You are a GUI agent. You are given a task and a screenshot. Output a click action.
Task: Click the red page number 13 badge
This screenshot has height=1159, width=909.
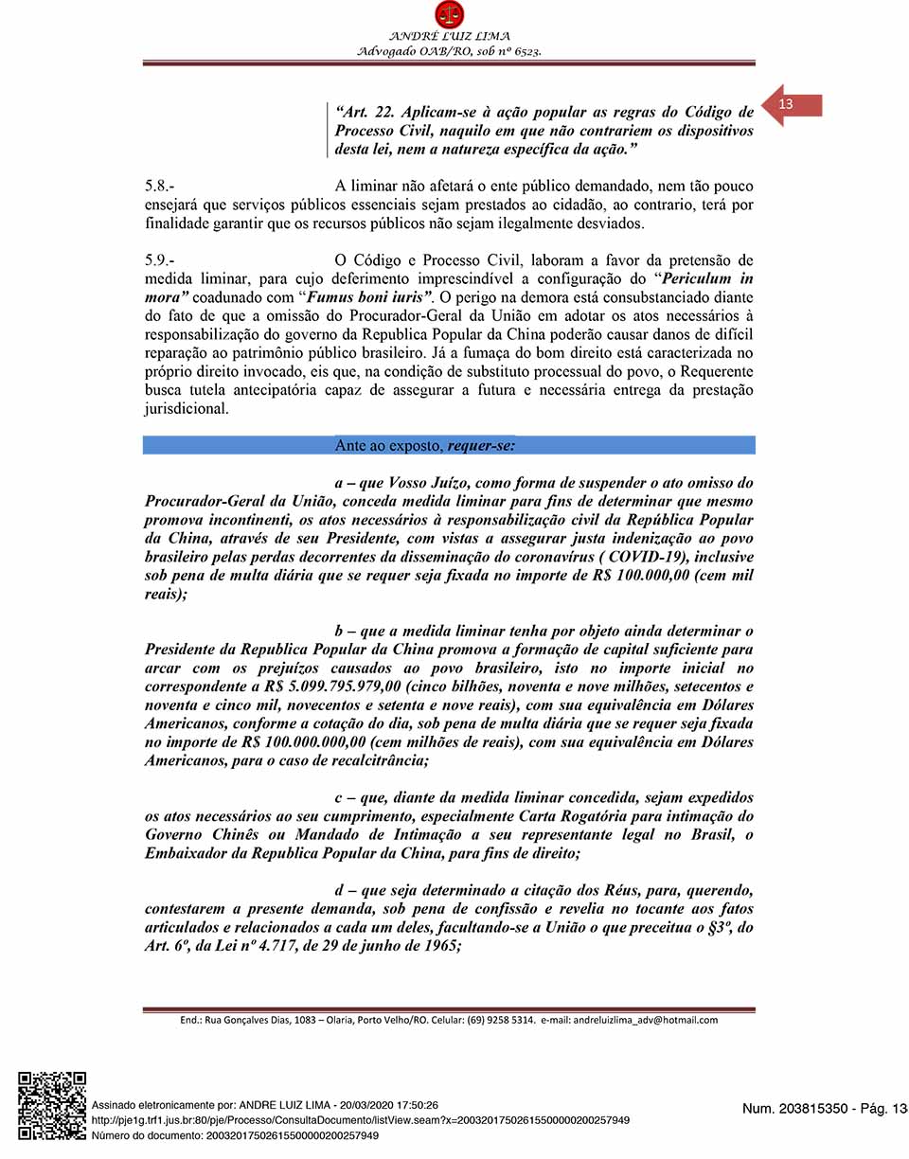(788, 104)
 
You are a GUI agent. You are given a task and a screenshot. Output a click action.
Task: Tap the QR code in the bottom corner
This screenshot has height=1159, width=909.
(52, 1104)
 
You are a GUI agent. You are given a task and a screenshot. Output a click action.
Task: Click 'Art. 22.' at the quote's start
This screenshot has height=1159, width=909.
(364, 112)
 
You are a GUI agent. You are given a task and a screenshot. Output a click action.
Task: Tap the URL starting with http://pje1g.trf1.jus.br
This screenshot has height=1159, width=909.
(360, 1120)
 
